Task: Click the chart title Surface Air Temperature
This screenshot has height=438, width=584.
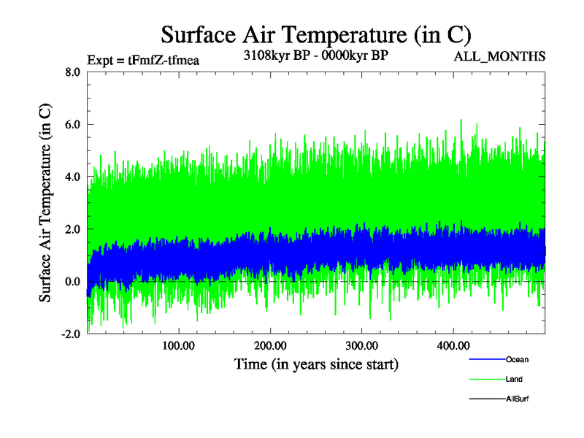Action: pyautogui.click(x=315, y=34)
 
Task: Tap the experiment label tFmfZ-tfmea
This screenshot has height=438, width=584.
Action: pyautogui.click(x=142, y=60)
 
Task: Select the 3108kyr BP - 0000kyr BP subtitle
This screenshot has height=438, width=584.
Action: pyautogui.click(x=315, y=55)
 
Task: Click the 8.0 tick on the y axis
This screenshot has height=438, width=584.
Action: pyautogui.click(x=72, y=72)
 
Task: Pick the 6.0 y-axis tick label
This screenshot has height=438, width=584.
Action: pyautogui.click(x=72, y=125)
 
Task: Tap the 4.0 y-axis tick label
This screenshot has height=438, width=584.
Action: pyautogui.click(x=72, y=177)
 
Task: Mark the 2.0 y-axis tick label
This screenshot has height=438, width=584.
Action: pyautogui.click(x=72, y=229)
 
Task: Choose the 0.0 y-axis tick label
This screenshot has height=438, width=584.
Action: pyautogui.click(x=72, y=282)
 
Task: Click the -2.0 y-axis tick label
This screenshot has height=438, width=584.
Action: pyautogui.click(x=69, y=334)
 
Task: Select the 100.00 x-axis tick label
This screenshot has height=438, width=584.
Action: pyautogui.click(x=178, y=345)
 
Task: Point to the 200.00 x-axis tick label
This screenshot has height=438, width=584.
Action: pyautogui.click(x=269, y=345)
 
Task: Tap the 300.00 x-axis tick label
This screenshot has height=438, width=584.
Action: pyautogui.click(x=361, y=345)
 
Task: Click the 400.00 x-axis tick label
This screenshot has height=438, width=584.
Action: pyautogui.click(x=453, y=345)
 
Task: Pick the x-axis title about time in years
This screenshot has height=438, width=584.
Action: pyautogui.click(x=315, y=363)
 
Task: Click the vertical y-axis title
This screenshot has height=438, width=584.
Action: pyautogui.click(x=45, y=203)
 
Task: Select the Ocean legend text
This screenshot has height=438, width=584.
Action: pyautogui.click(x=517, y=359)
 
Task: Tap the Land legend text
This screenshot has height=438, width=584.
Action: pyautogui.click(x=514, y=379)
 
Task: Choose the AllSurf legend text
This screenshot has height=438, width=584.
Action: pyautogui.click(x=517, y=399)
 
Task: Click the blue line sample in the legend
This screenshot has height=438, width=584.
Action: pyautogui.click(x=486, y=359)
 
